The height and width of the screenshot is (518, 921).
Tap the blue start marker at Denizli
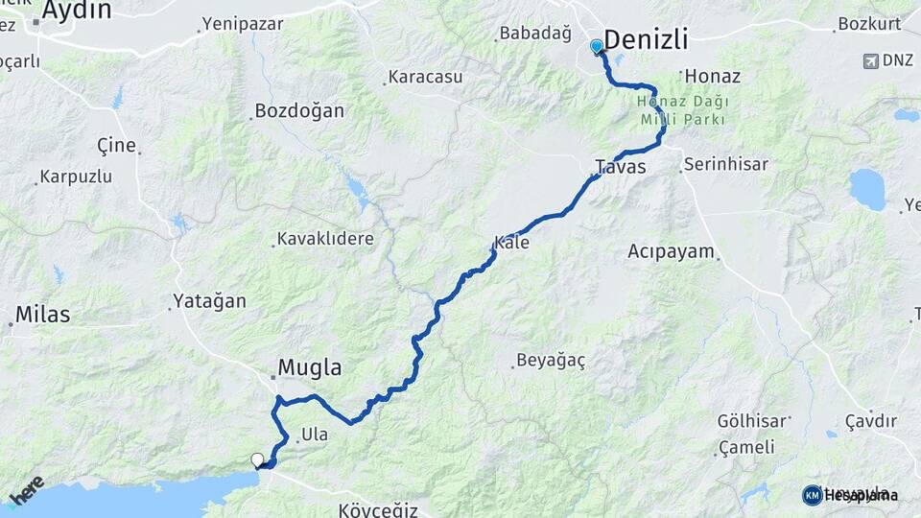click(x=597, y=46)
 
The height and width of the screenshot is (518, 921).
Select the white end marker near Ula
click(x=257, y=460)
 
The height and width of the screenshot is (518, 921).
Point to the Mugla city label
click(x=309, y=367)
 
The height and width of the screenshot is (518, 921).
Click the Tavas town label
click(x=620, y=167)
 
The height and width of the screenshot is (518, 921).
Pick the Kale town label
click(x=511, y=243)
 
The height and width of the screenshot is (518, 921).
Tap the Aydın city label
click(x=76, y=12)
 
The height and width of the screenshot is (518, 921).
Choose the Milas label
click(x=42, y=314)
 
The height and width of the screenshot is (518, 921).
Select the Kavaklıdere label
click(x=325, y=238)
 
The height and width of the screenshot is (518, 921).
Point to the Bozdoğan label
click(x=298, y=111)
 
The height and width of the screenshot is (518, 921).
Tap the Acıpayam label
click(x=672, y=252)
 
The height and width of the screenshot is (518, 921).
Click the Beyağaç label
click(x=551, y=361)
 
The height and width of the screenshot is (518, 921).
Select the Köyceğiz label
click(x=378, y=509)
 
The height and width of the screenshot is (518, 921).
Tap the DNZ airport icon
click(x=870, y=60)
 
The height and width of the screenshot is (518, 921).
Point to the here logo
click(x=28, y=489)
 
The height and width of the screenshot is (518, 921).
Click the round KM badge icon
click(x=812, y=495)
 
